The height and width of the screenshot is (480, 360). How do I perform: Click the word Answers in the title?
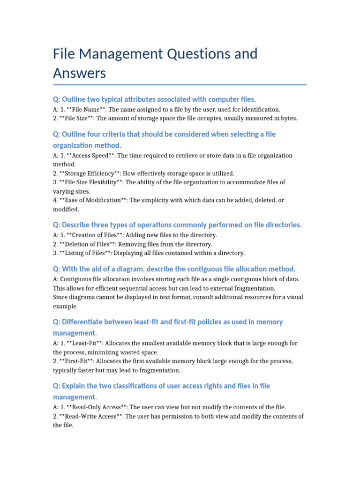pyautogui.click(x=80, y=73)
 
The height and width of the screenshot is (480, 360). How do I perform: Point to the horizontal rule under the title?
pyautogui.click(x=180, y=85)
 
